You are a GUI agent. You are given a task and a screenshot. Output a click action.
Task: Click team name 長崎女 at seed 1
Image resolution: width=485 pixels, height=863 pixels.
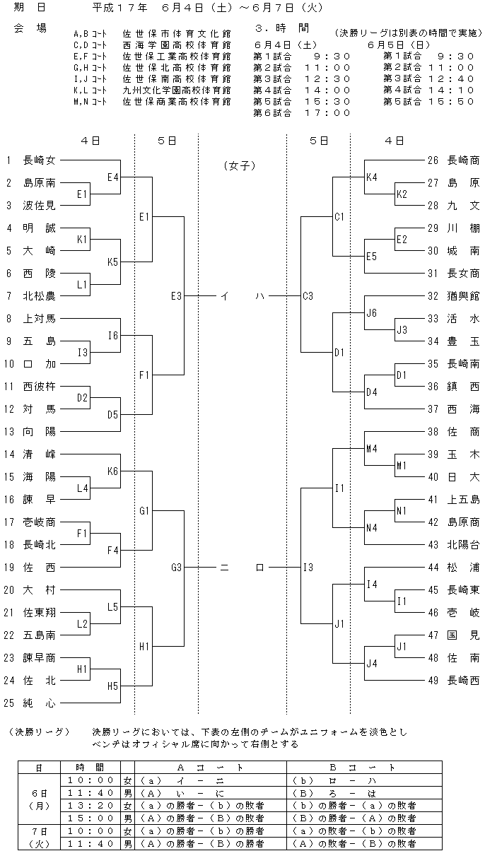40,160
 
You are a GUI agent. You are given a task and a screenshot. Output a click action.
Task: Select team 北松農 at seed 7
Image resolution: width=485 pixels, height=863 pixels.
40,296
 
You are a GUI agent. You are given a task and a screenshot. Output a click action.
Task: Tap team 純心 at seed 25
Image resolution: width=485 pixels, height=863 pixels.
40,703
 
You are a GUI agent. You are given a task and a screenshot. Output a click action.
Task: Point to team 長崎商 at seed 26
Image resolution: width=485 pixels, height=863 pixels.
463,160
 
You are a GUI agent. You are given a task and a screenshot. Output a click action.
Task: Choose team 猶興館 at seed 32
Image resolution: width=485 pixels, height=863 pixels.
463,296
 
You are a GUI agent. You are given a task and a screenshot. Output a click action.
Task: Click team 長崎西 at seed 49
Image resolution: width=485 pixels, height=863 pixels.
463,681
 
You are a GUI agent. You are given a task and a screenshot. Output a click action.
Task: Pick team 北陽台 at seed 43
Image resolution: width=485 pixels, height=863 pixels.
463,545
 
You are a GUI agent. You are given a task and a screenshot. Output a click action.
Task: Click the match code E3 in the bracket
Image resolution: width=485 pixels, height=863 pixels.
177,296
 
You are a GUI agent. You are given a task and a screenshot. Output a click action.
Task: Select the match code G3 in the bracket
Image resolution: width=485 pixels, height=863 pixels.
177,568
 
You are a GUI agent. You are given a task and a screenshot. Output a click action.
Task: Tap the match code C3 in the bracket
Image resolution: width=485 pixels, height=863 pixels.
308,296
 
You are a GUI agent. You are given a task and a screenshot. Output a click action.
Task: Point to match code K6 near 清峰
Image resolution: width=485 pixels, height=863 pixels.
113,471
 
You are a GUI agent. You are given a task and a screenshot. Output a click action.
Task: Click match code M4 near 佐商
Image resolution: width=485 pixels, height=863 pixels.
372,448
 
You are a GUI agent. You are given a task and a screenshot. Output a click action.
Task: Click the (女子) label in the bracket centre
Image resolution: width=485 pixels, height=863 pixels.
240,165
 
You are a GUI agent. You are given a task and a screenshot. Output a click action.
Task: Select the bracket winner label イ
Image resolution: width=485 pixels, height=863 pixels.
225,296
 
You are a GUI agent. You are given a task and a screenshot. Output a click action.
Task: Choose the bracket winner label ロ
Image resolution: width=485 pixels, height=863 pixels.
260,568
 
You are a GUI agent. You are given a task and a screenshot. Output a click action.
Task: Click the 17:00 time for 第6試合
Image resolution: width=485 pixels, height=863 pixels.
327,113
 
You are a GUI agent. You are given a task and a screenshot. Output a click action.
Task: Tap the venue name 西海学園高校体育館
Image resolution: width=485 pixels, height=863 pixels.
177,45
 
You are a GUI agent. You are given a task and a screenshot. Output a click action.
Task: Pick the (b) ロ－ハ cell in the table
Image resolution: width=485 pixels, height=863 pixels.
334,780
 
